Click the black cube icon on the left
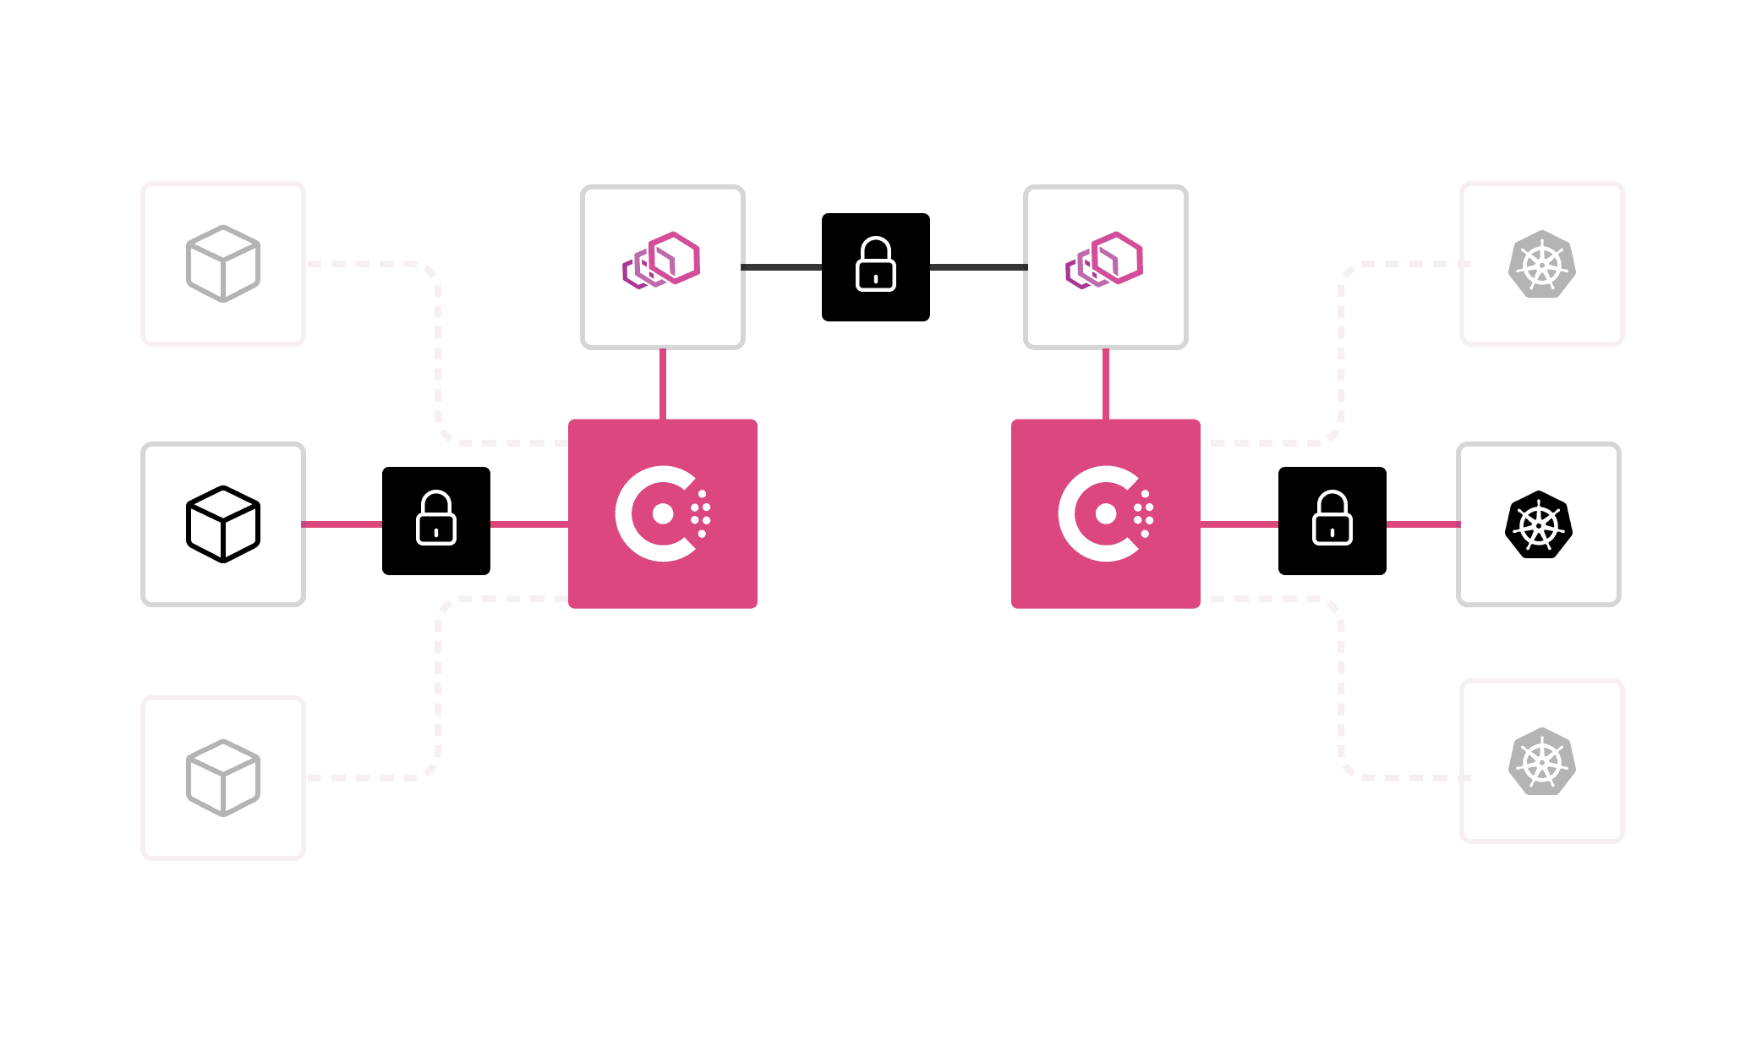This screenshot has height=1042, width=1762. pos(223,524)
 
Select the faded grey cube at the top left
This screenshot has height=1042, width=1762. pos(223,263)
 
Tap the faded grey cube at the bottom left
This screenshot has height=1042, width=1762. pos(223,777)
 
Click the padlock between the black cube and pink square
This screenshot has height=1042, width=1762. pos(436,519)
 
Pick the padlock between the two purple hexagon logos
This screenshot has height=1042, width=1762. pos(876,266)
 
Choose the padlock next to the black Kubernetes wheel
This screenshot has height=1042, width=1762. pos(1332,519)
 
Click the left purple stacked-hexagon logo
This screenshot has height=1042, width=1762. pos(662,260)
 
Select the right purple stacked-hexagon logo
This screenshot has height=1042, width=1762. pos(1105,260)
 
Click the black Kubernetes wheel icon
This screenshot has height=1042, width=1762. pos(1539,524)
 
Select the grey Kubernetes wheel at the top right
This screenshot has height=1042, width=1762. pos(1542,264)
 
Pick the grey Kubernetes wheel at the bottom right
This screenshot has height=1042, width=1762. pos(1542,761)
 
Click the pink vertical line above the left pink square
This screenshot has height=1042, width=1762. pos(663,384)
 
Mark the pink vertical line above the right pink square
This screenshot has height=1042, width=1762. pos(1106,384)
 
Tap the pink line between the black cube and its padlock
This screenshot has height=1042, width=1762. pos(342,524)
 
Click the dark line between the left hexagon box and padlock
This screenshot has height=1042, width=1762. pos(782,267)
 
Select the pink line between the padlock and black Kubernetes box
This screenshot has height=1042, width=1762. pos(1423,524)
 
